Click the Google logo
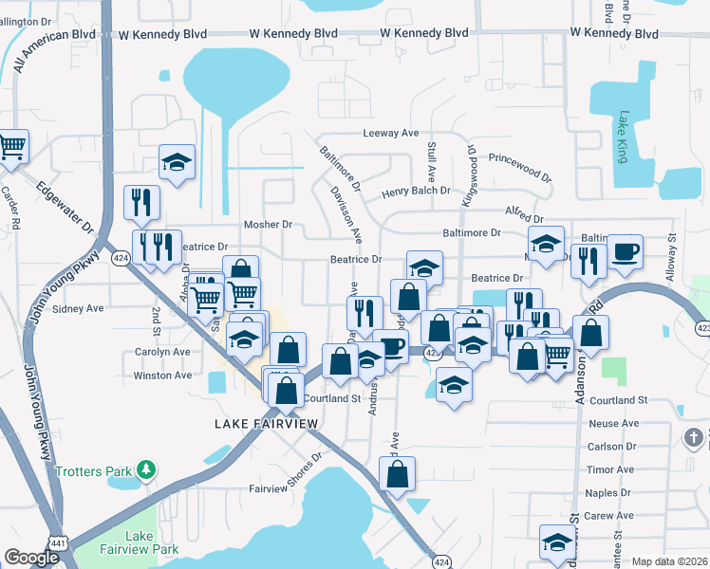31,558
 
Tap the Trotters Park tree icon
145,469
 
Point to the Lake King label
623,137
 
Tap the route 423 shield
702,328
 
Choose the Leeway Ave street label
391,134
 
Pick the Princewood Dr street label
519,169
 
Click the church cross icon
695,438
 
